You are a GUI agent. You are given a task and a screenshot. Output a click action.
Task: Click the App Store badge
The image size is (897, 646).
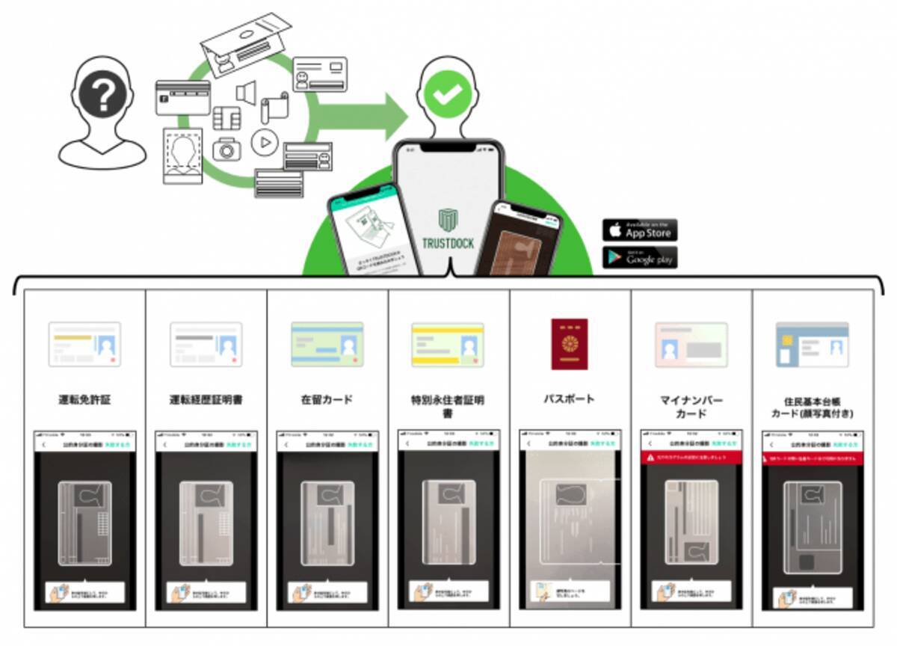tap(640, 230)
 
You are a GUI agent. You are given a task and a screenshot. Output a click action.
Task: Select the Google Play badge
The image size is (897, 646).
tap(640, 258)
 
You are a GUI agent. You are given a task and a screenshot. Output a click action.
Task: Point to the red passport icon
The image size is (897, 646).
tap(570, 344)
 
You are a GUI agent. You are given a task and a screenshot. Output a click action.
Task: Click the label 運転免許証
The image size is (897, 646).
tap(84, 400)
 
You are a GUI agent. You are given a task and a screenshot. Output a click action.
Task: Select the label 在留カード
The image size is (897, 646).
tap(327, 400)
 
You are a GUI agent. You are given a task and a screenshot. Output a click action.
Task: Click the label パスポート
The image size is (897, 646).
tap(570, 399)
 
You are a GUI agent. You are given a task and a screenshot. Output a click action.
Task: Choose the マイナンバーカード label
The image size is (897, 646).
tap(691, 407)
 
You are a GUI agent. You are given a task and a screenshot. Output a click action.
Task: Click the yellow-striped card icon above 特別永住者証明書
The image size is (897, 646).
tap(449, 345)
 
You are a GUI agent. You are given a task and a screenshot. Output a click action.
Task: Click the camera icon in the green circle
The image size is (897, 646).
tap(226, 149)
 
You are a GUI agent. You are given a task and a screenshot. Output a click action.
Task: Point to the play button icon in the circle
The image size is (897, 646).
tap(264, 142)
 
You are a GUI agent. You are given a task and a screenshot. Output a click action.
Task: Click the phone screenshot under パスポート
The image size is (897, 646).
tap(570, 519)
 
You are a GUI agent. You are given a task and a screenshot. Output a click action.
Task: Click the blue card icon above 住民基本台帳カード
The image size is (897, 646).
tap(812, 345)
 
